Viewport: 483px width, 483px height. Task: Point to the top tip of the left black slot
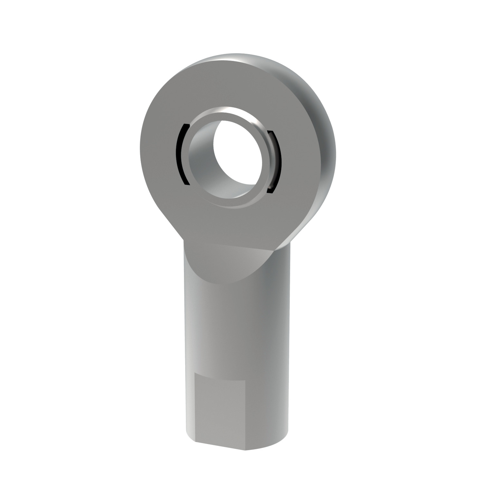tap(185, 125)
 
